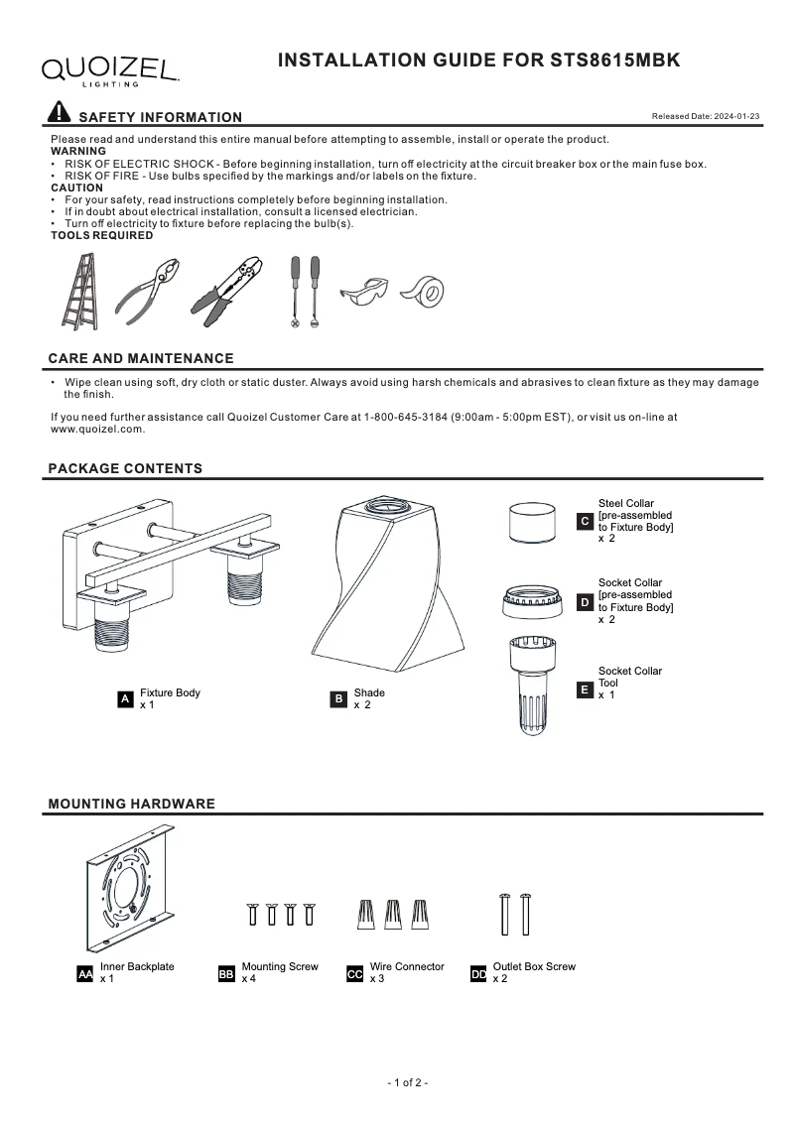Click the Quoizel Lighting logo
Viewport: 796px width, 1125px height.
pyautogui.click(x=109, y=69)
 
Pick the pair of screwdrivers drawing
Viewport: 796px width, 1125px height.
pyautogui.click(x=305, y=292)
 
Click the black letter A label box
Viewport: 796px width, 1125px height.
pyautogui.click(x=125, y=699)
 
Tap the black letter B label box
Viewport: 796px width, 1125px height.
pyautogui.click(x=338, y=699)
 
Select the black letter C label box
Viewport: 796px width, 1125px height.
pyautogui.click(x=585, y=521)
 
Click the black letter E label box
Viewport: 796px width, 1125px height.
pyautogui.click(x=585, y=688)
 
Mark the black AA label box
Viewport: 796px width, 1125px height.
pyautogui.click(x=85, y=975)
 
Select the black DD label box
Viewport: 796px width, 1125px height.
pyautogui.click(x=478, y=975)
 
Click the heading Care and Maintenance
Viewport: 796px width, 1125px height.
pyautogui.click(x=141, y=359)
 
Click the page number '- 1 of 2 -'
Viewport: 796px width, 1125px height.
pyautogui.click(x=407, y=1082)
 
